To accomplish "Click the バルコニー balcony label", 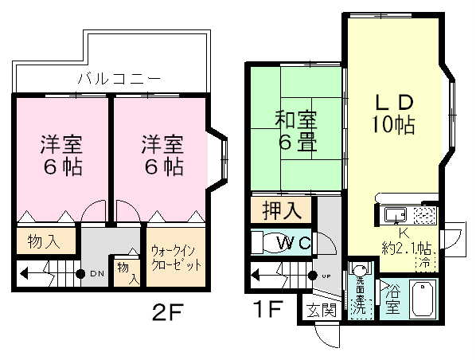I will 119,79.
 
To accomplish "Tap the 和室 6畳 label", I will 296,133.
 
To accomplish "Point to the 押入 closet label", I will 281,212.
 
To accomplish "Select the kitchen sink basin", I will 394,214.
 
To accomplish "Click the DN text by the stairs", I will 96,274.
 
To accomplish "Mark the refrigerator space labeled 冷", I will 427,260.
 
